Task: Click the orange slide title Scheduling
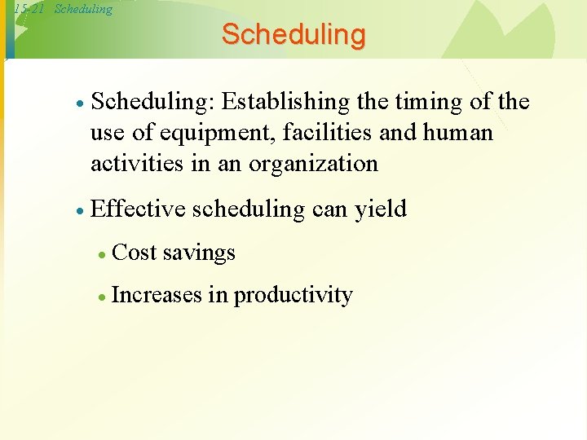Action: point(293,35)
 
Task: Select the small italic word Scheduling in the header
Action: point(83,9)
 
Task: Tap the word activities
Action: point(136,163)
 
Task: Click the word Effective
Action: point(139,209)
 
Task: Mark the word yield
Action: point(380,209)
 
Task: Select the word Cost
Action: point(135,253)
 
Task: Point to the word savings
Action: point(200,253)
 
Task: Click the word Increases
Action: point(156,294)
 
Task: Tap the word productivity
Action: point(293,295)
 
